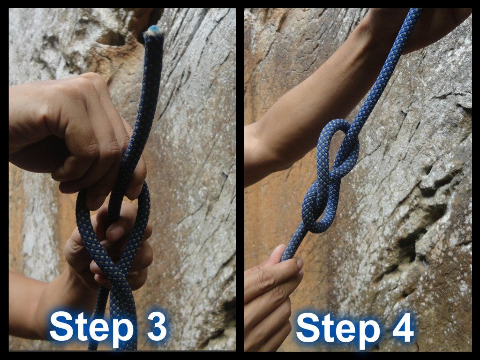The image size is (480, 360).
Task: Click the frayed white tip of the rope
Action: click(x=152, y=32)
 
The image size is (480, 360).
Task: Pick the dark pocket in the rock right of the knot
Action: click(x=412, y=248)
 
